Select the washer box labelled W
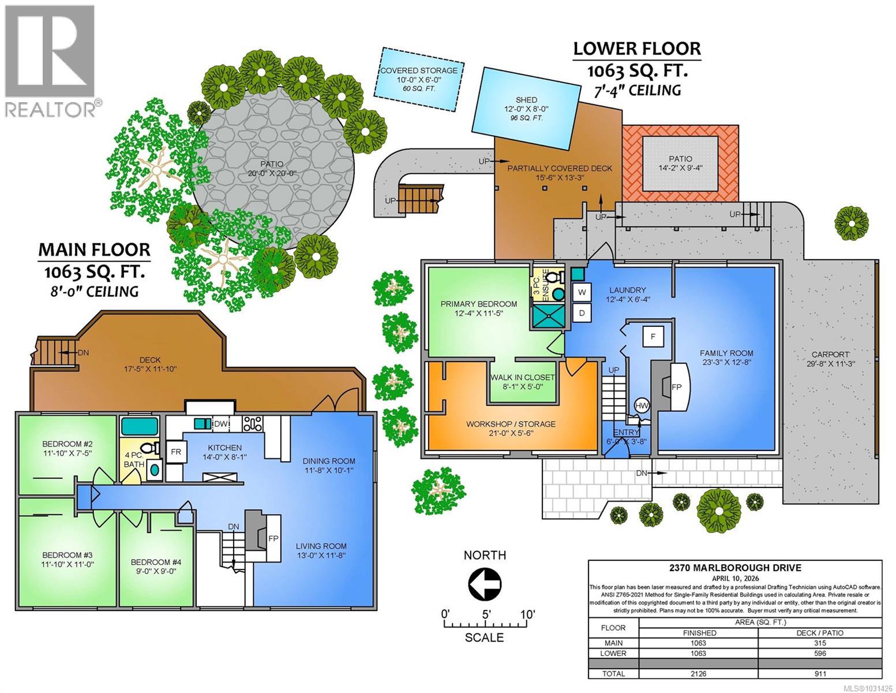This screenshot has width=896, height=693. (x=582, y=292)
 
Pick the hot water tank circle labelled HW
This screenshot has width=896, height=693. (x=642, y=406)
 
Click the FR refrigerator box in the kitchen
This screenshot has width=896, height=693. (x=175, y=452)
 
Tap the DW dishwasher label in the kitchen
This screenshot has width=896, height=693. (x=220, y=424)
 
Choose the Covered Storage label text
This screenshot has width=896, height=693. (x=418, y=70)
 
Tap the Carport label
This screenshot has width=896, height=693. (x=833, y=355)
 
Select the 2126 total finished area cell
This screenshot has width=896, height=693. (x=700, y=673)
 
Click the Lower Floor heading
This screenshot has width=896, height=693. (x=637, y=49)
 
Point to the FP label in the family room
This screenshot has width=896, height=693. (x=677, y=386)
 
